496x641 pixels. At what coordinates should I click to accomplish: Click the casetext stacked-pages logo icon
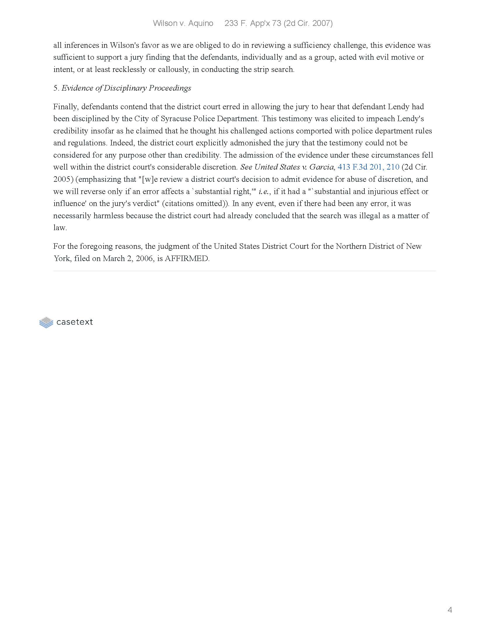point(46,322)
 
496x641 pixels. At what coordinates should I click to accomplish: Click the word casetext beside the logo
point(74,322)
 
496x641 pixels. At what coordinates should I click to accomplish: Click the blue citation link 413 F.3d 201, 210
point(368,167)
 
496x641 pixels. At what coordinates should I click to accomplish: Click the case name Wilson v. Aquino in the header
point(183,24)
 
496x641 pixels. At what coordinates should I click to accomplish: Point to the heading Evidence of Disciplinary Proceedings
point(126,88)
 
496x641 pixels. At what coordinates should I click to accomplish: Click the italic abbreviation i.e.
point(264,191)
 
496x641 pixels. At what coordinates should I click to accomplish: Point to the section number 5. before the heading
point(56,88)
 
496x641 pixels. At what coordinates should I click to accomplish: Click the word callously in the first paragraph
point(173,70)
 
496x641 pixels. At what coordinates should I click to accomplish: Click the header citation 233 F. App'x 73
point(253,24)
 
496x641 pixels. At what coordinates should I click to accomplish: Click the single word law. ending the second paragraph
point(60,228)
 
